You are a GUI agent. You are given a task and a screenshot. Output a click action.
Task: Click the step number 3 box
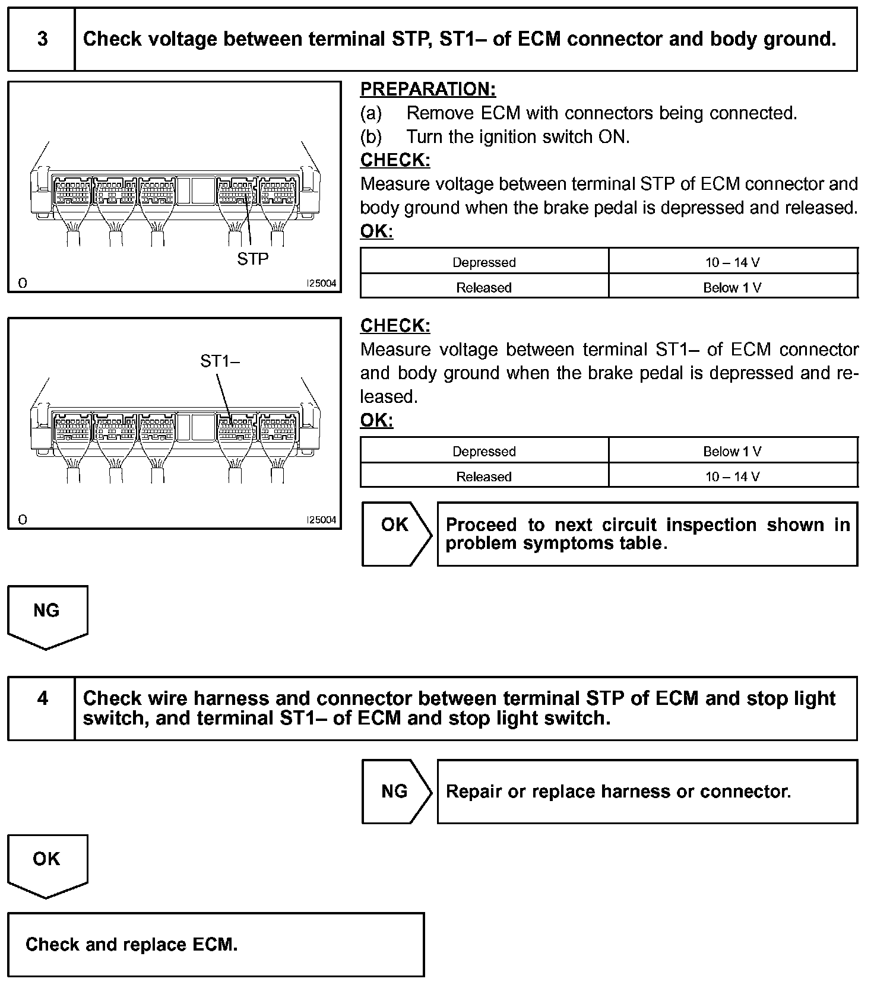pos(42,39)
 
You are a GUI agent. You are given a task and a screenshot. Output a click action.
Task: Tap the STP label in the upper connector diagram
pos(253,259)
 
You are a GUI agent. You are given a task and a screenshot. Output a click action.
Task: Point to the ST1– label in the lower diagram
pos(220,361)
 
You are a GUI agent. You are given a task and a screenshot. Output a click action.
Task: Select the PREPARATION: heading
pos(427,90)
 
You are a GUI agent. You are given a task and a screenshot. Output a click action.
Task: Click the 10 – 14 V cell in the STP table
pos(732,262)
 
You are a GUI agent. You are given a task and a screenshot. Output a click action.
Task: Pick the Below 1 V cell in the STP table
pos(732,288)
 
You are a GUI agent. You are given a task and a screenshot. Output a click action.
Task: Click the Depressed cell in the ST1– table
pos(484,452)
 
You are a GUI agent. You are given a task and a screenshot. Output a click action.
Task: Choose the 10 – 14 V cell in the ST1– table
pos(732,477)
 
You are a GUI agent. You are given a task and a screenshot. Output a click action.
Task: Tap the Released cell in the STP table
pos(484,288)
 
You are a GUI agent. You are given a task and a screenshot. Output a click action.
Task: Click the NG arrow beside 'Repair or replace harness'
pos(395,791)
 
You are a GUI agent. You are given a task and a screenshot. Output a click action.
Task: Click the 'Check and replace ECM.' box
pos(216,944)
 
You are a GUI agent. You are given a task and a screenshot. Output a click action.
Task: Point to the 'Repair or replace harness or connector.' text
pos(618,792)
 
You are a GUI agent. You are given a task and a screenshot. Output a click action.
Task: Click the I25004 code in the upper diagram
pos(321,284)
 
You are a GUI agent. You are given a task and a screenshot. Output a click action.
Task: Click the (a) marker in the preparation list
pos(371,113)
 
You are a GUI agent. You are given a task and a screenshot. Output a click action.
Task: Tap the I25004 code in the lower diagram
pos(321,520)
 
